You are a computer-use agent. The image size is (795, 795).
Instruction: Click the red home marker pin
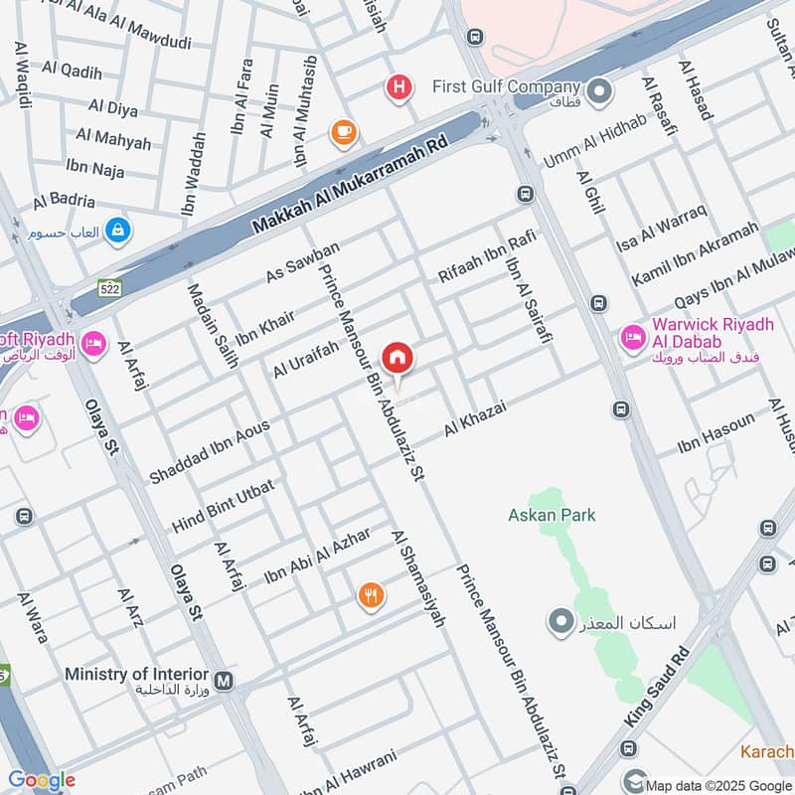398,358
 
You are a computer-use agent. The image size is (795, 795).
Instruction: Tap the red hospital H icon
398,88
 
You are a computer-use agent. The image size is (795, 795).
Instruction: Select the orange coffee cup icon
344,132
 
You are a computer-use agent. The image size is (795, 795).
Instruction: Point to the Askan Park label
552,515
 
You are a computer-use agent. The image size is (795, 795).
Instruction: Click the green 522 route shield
108,288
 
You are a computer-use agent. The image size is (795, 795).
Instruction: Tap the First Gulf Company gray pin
598,93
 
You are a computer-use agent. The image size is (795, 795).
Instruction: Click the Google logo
42,780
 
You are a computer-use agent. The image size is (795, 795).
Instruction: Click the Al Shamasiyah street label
418,577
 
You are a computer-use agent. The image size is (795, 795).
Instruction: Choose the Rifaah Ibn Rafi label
488,256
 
